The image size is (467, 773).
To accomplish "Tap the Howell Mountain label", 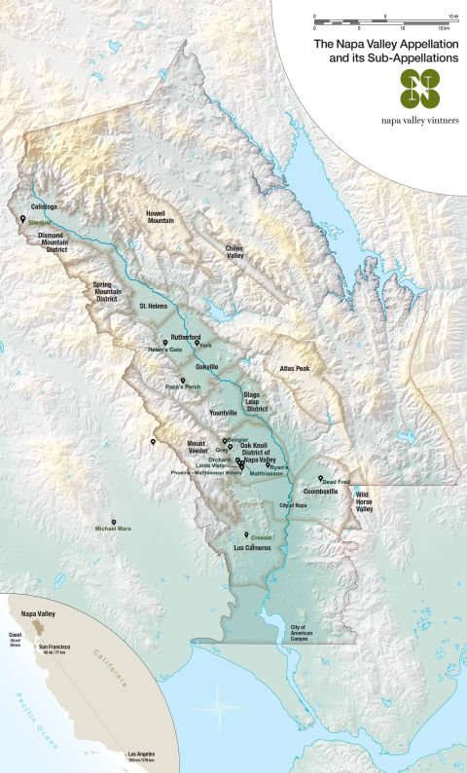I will coord(161,216).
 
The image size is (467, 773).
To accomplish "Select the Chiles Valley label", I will coord(233,251).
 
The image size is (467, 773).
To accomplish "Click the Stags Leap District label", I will coord(256,397).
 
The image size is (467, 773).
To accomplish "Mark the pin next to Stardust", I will coord(22,219).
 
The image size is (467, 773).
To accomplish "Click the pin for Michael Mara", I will coord(114,522).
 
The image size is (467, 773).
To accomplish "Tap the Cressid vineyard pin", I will coord(246,534).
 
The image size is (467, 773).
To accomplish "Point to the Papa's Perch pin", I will coord(182,381).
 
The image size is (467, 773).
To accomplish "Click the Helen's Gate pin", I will coord(165,345).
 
